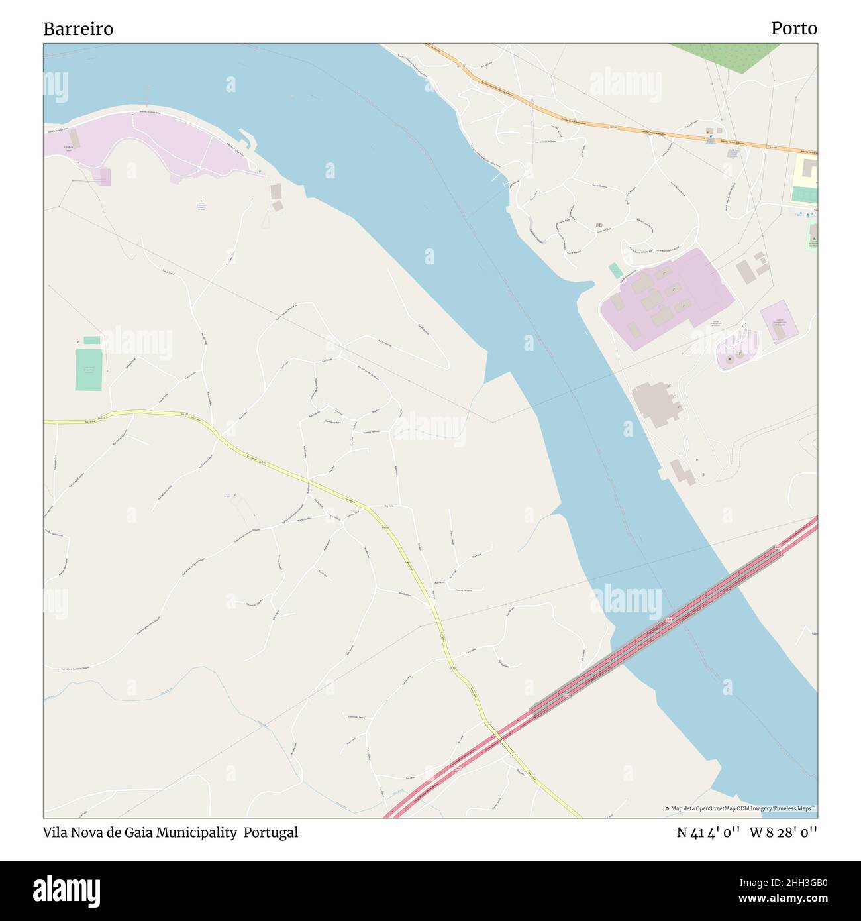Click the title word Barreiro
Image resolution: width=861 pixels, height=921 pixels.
78,28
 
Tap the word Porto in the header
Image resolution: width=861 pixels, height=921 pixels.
793,28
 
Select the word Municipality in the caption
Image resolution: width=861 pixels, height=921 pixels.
196,832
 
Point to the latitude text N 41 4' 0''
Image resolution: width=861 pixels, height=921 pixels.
708,832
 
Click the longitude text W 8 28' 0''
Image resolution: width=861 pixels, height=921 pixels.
784,832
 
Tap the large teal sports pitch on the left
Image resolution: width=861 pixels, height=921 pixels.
89,368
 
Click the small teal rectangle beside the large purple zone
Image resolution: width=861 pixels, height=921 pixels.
616,270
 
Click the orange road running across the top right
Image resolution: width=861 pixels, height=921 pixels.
596,119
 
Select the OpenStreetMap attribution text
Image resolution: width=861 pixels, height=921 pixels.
740,808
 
